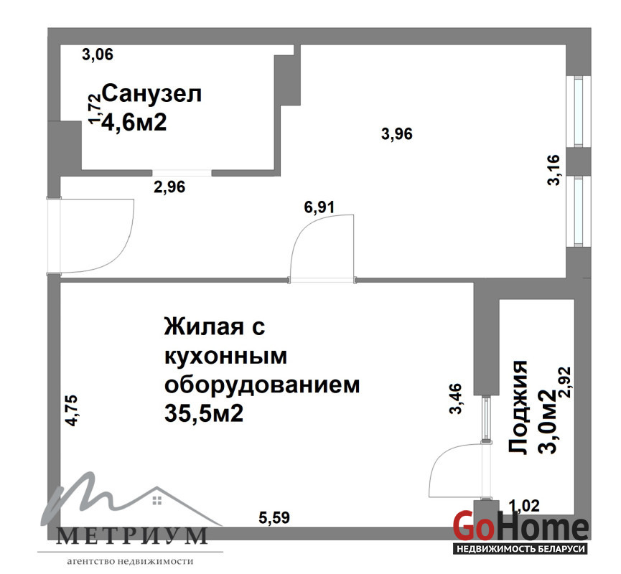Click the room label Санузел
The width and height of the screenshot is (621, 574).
click(152, 94)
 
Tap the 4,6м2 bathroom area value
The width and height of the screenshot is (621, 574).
click(134, 122)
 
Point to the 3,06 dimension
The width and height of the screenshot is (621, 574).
click(98, 55)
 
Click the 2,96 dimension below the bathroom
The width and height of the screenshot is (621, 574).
click(169, 187)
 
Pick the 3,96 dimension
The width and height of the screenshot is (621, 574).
click(397, 133)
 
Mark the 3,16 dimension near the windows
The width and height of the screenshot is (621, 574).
click(554, 170)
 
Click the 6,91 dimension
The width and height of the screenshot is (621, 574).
click(319, 207)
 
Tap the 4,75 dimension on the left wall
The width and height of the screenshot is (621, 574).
click(73, 410)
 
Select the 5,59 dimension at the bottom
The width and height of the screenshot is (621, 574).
click(274, 517)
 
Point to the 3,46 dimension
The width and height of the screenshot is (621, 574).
click(456, 398)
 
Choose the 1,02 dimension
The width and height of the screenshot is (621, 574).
click(524, 506)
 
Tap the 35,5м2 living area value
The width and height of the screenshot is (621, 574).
click(204, 414)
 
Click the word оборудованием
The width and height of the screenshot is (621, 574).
click(262, 385)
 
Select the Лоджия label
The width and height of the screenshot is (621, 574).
click(518, 407)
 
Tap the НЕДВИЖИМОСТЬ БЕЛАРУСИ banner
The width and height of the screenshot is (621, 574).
click(520, 549)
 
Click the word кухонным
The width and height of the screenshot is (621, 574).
click(225, 356)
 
